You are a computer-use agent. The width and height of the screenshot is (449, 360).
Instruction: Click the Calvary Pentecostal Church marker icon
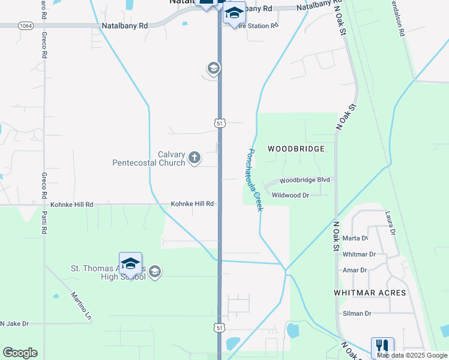point(194,158)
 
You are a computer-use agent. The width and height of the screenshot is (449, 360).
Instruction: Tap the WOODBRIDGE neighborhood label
point(296,149)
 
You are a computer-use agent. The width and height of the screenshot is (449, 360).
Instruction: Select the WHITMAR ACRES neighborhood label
point(370,293)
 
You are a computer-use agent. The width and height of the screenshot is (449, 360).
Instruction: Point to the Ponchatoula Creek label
point(253,179)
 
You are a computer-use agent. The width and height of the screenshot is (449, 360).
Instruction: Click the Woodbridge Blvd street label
point(306,180)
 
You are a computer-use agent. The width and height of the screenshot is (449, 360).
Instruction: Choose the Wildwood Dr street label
point(290,195)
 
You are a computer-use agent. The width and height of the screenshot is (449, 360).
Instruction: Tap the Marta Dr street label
point(354,238)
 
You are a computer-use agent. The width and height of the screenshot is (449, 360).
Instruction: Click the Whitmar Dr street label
point(358,254)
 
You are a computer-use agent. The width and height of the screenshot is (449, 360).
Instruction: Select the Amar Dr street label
point(354,270)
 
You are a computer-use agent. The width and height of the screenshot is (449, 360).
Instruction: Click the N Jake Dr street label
point(14,323)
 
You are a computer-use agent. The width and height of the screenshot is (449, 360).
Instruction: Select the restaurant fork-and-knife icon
point(382,347)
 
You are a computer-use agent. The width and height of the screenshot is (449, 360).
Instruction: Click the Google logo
point(20,353)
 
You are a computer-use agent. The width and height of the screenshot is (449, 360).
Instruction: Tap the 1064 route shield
point(26,26)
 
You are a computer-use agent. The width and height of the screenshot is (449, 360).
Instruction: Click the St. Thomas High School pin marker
point(130,263)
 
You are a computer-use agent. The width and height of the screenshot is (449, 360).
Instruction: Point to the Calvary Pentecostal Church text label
point(149,158)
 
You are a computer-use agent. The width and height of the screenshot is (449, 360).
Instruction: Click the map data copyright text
point(411,356)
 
